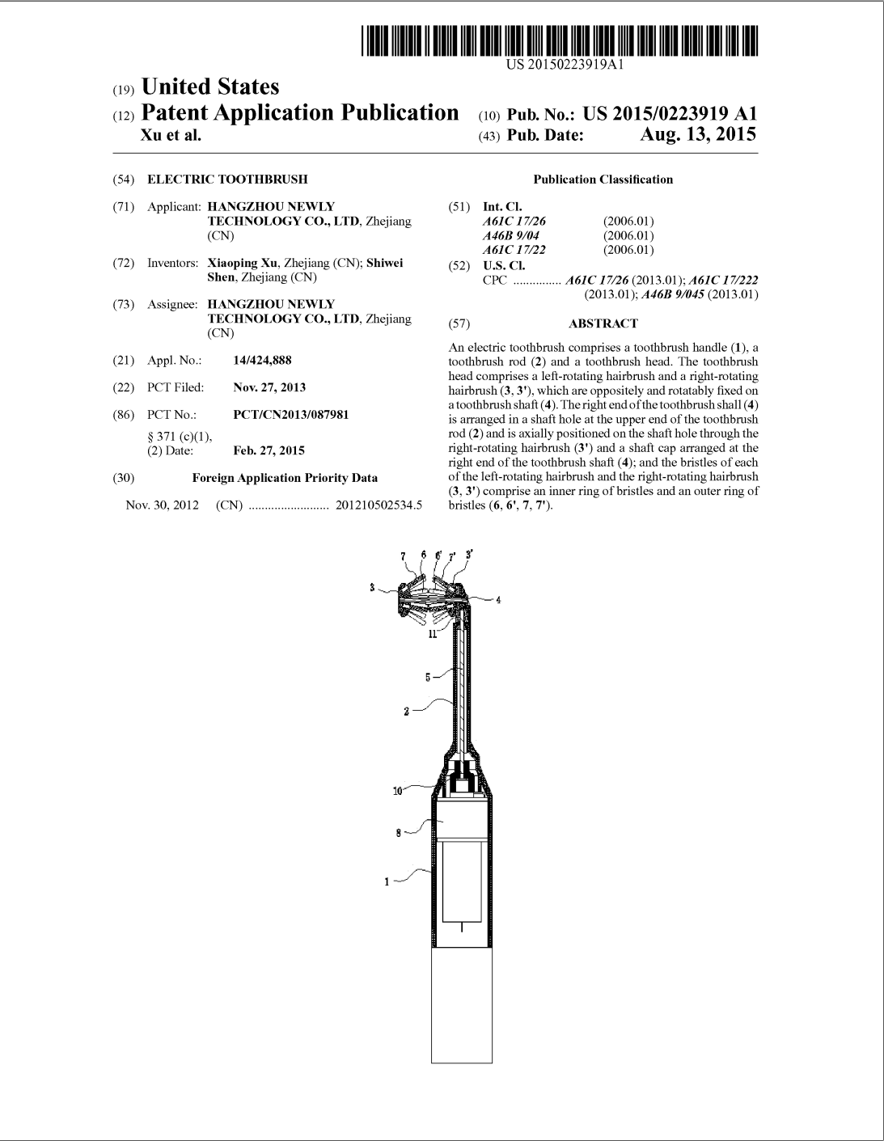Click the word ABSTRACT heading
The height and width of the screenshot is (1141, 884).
pos(603,323)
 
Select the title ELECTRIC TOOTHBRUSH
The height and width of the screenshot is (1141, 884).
pos(227,180)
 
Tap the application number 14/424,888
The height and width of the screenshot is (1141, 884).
pos(262,361)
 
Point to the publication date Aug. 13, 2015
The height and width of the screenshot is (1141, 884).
pos(698,134)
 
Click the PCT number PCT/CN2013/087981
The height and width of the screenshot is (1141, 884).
pos(290,415)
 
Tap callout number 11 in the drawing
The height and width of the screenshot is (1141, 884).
pos(433,635)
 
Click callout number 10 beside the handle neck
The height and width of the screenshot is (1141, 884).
pos(397,791)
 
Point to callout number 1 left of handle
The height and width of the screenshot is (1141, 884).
pos(387,882)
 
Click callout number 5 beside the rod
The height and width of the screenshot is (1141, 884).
pos(428,678)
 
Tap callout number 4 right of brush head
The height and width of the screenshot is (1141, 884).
pos(498,600)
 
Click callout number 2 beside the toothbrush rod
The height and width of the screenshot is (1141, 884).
pos(407,712)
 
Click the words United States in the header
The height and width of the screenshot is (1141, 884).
pos(209,87)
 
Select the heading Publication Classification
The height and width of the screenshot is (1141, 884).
pos(603,180)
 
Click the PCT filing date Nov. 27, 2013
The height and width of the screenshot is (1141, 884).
pos(269,387)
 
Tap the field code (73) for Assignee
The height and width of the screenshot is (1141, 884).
pos(124,304)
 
